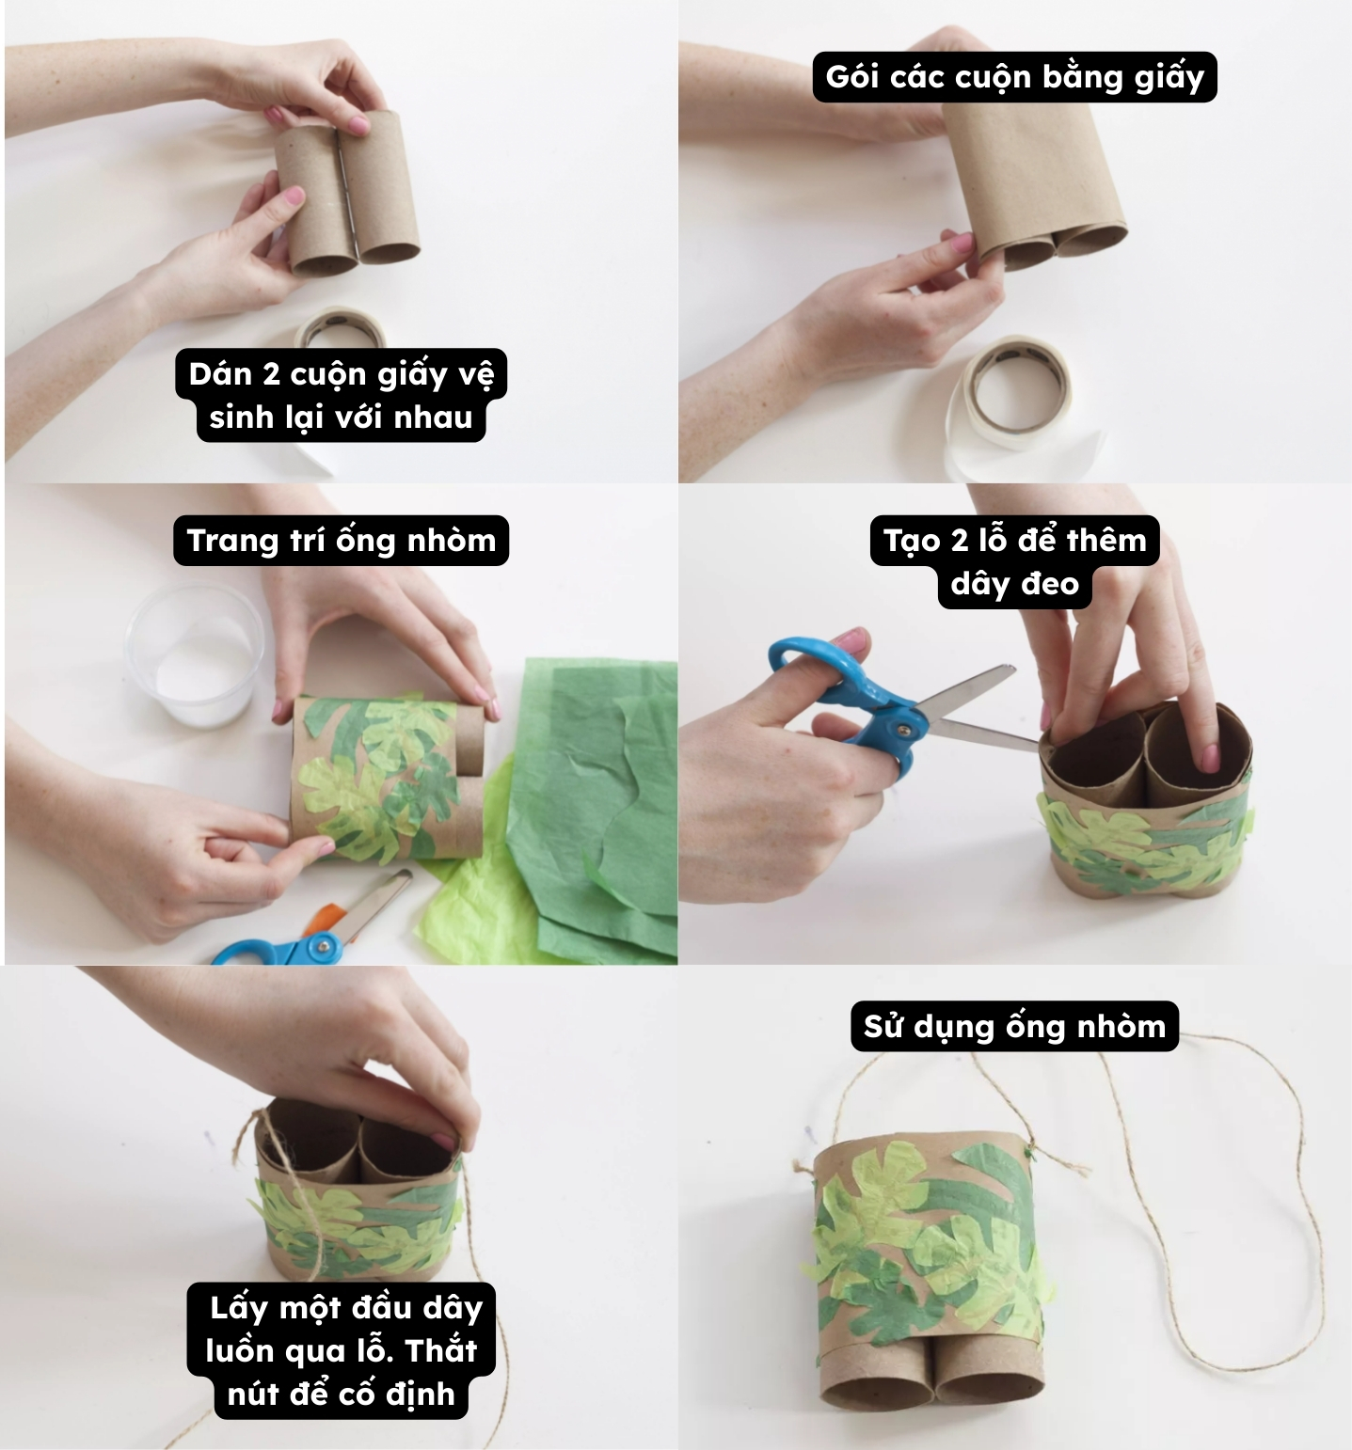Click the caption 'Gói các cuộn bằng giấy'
pyautogui.click(x=1014, y=76)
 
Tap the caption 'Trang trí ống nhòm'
pyautogui.click(x=341, y=540)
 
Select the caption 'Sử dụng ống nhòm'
pyautogui.click(x=1014, y=1025)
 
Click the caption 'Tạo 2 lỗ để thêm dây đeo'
pyautogui.click(x=1014, y=561)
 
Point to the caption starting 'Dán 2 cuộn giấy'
pyautogui.click(x=341, y=395)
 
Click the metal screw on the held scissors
pyautogui.click(x=904, y=727)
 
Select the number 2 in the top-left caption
pyautogui.click(x=271, y=374)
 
